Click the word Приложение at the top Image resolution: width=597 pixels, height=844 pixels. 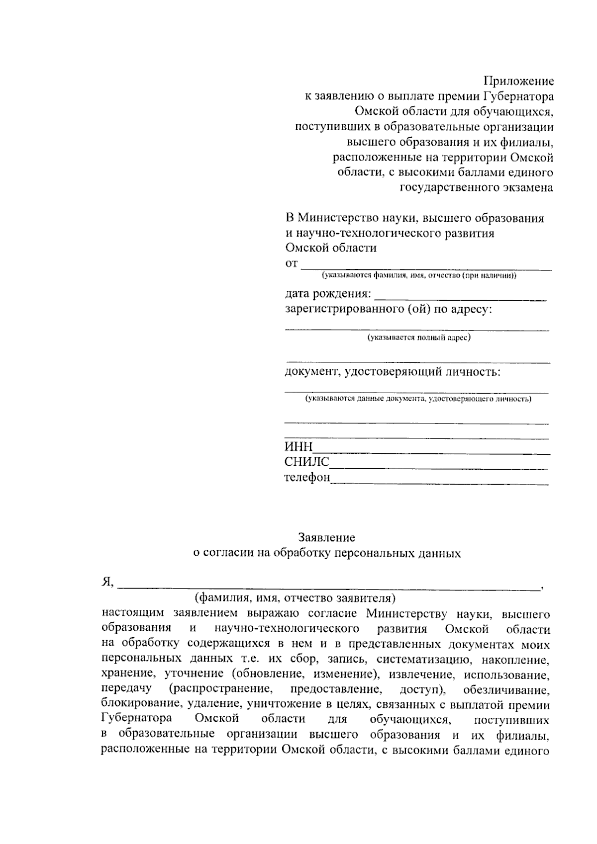(519, 81)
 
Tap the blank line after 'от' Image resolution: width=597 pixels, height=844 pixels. (426, 267)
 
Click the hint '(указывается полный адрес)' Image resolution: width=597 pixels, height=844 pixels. (419, 338)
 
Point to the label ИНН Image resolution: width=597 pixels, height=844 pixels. (298, 447)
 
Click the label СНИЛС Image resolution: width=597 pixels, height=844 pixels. (306, 462)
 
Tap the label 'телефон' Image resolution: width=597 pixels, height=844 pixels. (307, 478)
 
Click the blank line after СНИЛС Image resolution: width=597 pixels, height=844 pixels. (439, 466)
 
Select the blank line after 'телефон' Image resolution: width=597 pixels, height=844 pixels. (439, 482)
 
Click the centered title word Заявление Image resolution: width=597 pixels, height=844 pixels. (327, 537)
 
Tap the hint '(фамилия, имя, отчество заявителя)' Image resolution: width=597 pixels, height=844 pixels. (295, 597)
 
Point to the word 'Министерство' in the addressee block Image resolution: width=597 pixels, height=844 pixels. (338, 218)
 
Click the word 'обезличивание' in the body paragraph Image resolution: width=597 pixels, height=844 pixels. (506, 690)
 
